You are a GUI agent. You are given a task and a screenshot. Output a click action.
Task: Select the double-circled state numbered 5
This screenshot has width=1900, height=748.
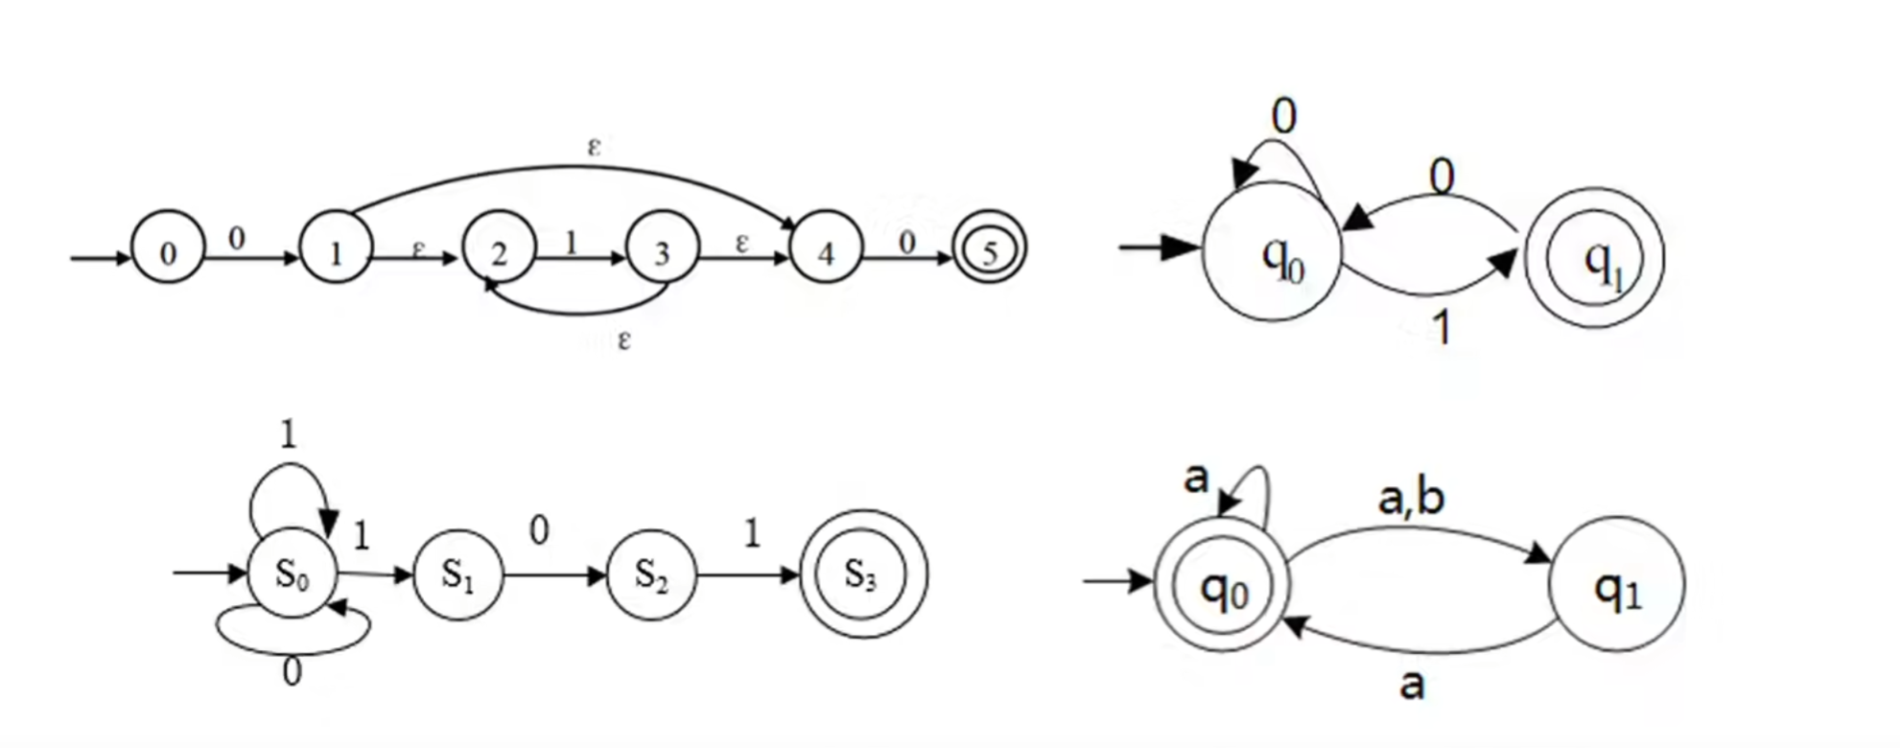(989, 250)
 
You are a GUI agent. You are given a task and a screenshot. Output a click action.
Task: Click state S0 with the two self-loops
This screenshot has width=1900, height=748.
(293, 573)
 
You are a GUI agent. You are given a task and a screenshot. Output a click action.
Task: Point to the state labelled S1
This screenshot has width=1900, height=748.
(457, 574)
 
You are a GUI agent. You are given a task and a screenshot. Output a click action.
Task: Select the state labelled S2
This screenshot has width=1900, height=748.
(651, 574)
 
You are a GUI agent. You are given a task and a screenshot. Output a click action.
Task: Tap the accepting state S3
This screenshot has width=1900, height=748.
(862, 573)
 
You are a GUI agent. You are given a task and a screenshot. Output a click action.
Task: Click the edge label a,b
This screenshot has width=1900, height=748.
(1411, 500)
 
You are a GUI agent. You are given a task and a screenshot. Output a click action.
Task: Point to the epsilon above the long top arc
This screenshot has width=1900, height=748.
(595, 147)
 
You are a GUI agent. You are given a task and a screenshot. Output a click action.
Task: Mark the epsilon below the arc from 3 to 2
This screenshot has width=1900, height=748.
(624, 339)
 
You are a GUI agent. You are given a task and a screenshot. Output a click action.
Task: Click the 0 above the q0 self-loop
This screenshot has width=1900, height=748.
(1283, 117)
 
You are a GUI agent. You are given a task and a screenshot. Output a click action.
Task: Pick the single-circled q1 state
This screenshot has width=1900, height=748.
(1617, 585)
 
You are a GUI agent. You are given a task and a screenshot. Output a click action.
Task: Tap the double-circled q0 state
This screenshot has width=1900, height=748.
(1222, 585)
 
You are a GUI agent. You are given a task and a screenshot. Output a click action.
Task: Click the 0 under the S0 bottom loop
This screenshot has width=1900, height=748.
(293, 672)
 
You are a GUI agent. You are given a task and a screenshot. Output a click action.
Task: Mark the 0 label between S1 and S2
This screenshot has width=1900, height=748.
(540, 530)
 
